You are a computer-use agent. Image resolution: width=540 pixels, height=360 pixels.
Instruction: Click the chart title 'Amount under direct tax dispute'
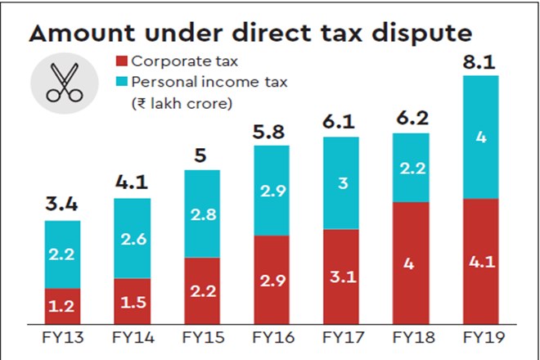250,34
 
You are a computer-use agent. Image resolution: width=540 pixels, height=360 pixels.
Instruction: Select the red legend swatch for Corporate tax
121,61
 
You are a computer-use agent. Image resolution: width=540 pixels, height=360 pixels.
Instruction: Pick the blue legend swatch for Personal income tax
121,83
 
